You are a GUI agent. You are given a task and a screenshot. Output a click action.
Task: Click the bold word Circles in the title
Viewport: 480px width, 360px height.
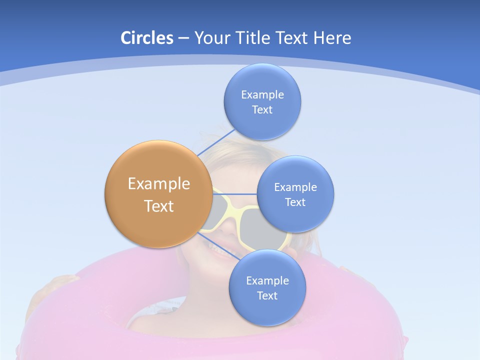point(147,38)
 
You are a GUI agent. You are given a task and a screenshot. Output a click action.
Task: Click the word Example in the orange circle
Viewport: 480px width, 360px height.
point(158,183)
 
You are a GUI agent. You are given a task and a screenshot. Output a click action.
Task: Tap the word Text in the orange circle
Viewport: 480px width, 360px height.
point(158,206)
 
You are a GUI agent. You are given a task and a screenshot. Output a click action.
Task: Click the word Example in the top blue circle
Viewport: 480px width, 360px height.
point(262,94)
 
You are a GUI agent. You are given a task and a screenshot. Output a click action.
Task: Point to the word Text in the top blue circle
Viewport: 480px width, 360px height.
point(262,110)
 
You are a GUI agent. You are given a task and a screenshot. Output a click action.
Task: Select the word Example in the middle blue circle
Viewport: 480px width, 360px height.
point(295,187)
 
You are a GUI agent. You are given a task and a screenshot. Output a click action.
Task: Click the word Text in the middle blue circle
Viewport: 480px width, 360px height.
point(295,202)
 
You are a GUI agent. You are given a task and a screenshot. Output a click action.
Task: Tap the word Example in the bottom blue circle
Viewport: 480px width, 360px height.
point(267,280)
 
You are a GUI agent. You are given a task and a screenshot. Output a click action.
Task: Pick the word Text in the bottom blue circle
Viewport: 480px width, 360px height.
point(267,295)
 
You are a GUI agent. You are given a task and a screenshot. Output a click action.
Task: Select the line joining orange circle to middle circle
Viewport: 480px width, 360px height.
point(235,194)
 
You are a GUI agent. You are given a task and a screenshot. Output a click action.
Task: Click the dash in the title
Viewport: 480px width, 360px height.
point(183,38)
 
